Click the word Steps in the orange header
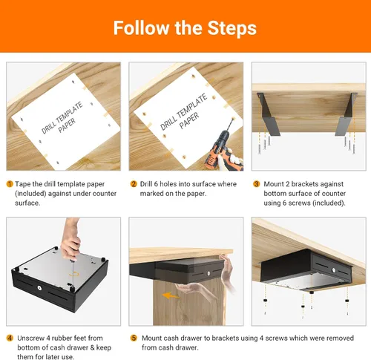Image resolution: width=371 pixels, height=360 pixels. click(x=232, y=28)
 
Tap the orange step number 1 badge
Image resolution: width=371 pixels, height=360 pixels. click(x=10, y=184)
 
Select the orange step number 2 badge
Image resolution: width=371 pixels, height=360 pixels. click(x=134, y=184)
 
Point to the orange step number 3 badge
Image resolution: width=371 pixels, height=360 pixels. click(x=256, y=184)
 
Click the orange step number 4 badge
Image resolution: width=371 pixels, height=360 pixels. click(x=10, y=338)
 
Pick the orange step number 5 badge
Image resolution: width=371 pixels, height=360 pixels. click(x=134, y=338)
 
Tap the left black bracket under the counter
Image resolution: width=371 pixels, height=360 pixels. click(x=268, y=114)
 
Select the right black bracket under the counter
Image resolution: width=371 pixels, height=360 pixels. click(x=347, y=114)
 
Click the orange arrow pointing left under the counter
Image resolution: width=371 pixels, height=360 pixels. click(x=171, y=295)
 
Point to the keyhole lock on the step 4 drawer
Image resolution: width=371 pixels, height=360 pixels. click(x=39, y=288)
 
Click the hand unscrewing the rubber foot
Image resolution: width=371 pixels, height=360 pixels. click(x=70, y=239)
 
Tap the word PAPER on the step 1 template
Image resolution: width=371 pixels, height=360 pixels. click(x=67, y=125)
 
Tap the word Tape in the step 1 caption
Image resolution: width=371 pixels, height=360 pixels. click(x=23, y=185)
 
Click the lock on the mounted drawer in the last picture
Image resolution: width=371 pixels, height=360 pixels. click(x=334, y=270)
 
